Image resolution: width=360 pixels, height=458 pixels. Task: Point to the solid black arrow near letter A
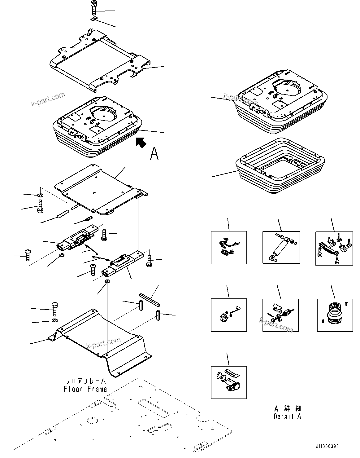(141, 143)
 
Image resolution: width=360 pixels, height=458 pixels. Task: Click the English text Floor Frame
(85, 389)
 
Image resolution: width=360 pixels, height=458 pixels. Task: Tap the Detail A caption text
(287, 417)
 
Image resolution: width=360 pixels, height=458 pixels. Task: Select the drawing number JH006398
(327, 447)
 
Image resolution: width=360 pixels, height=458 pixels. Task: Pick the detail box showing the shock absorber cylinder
(281, 247)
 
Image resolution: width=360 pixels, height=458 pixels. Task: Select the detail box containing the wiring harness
(229, 247)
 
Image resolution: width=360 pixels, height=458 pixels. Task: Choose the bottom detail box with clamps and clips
(229, 382)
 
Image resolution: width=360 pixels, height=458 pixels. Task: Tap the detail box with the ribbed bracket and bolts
(334, 248)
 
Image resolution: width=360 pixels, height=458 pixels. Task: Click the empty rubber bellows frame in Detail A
(280, 167)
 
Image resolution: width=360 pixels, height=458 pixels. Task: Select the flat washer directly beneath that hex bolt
(54, 320)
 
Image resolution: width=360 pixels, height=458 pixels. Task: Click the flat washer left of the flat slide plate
(40, 196)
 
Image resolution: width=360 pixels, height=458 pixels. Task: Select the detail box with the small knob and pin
(229, 315)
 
